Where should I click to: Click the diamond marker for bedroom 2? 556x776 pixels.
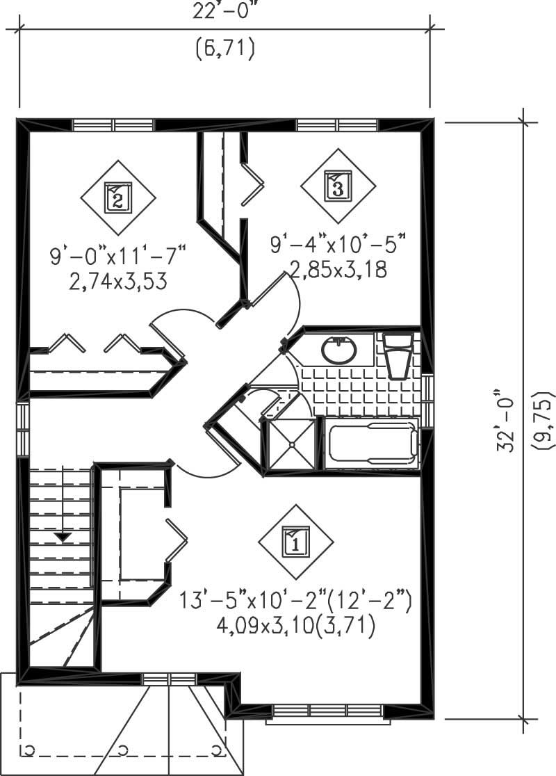(x=117, y=197)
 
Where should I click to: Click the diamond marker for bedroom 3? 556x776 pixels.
(x=337, y=186)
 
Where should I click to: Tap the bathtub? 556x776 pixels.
(x=373, y=443)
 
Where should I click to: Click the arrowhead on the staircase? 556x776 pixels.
(x=63, y=536)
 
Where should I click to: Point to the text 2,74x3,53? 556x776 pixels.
(x=117, y=282)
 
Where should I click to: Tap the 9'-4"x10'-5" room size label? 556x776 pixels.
(x=337, y=245)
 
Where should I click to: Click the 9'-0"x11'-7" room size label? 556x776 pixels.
(x=119, y=256)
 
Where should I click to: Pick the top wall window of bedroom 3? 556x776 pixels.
(x=337, y=125)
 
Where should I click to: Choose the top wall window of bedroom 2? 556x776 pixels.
(x=113, y=125)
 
